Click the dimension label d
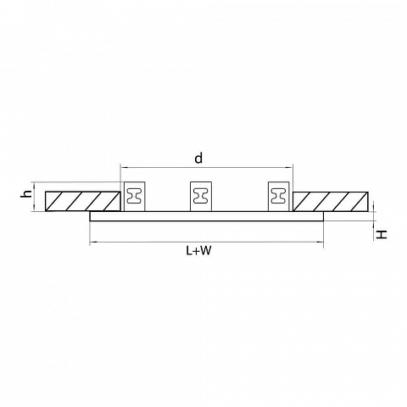pyautogui.click(x=198, y=159)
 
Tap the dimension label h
pyautogui.click(x=27, y=193)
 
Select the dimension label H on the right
pyautogui.click(x=381, y=234)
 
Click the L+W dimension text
pyautogui.click(x=198, y=250)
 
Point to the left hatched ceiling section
pyautogui.click(x=83, y=201)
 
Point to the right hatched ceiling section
pyautogui.click(x=331, y=201)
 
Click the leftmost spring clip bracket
pyautogui.click(x=135, y=196)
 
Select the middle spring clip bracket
pyautogui.click(x=201, y=196)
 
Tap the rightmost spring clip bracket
pyautogui.click(x=279, y=196)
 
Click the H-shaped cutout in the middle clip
pyautogui.click(x=201, y=196)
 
